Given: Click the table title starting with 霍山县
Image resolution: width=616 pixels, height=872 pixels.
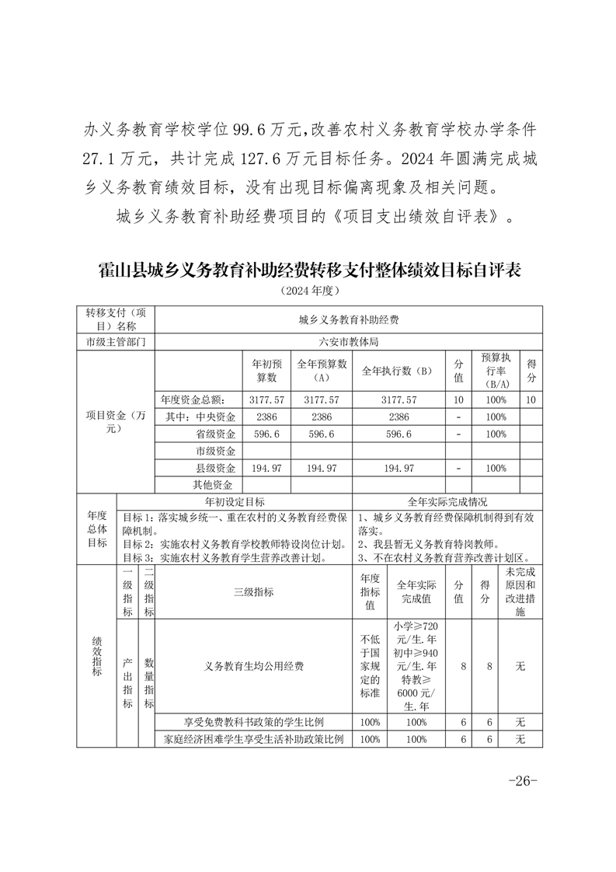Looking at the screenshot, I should [308, 270].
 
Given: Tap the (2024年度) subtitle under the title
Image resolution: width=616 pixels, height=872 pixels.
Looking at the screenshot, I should [308, 291].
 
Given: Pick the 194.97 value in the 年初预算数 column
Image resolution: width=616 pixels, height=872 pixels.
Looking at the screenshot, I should [267, 468].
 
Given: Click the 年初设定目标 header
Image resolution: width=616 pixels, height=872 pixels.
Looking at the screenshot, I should [234, 502].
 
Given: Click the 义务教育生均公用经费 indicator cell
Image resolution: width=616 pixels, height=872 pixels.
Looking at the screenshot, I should [253, 666].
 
